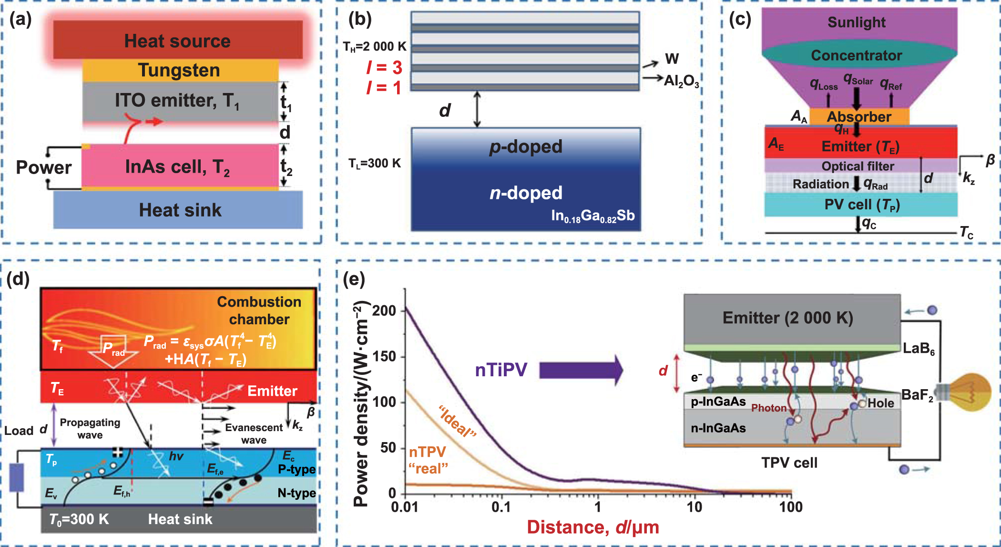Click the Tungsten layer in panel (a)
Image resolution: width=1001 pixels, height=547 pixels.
click(180, 71)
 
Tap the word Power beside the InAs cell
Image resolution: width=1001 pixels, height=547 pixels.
click(43, 167)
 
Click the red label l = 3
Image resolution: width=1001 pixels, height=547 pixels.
click(384, 67)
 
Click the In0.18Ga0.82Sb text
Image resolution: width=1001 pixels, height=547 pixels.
click(592, 216)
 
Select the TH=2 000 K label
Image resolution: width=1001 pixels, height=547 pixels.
click(374, 47)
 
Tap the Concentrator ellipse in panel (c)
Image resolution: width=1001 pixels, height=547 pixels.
click(857, 55)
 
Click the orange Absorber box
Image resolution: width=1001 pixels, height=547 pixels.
click(859, 117)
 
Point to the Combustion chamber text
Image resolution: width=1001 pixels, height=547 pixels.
click(259, 310)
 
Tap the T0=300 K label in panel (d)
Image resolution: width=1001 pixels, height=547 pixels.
click(79, 519)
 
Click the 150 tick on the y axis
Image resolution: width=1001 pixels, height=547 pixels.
click(384, 356)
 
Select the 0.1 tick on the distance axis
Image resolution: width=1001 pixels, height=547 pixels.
click(500, 507)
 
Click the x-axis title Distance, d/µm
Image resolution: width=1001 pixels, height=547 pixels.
click(592, 527)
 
